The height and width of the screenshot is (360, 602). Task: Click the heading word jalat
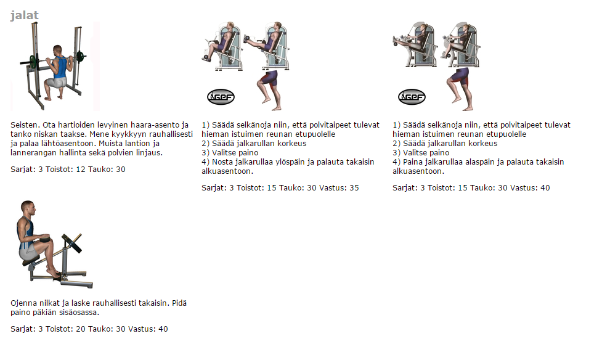pos(24,15)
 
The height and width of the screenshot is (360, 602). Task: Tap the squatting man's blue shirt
pos(60,67)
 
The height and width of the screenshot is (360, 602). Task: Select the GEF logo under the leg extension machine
pos(221,97)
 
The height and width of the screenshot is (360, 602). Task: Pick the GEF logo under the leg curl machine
pos(412,97)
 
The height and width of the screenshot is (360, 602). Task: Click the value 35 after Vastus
pos(354,188)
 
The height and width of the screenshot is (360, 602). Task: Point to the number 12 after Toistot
pos(81,170)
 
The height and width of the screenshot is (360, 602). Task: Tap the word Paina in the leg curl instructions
pos(412,162)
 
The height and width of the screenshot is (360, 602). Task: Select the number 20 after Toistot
pos(81,329)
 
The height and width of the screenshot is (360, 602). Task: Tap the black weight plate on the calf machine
pos(73,243)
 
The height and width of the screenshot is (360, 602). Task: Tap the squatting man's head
pos(57,50)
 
